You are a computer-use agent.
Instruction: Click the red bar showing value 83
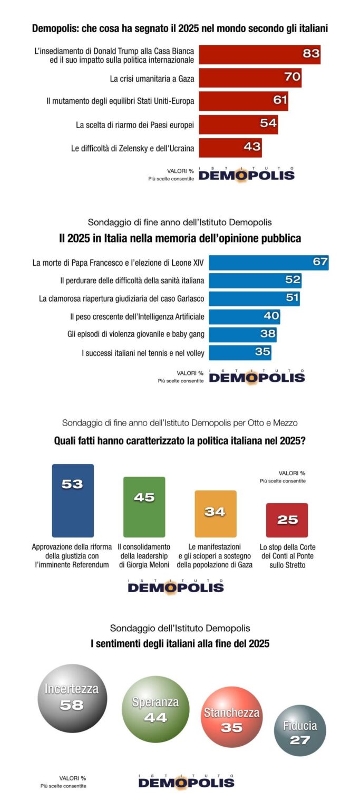tap(259, 54)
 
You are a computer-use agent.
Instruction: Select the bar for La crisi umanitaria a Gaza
tap(250, 78)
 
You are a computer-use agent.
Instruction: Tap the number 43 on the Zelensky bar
tap(252, 148)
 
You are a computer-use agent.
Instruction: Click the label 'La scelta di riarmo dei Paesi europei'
tap(135, 125)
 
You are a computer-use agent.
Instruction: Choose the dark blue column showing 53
tap(73, 500)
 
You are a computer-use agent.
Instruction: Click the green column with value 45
tap(144, 507)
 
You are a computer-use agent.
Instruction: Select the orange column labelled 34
tap(215, 514)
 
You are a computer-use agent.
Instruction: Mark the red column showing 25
tap(287, 520)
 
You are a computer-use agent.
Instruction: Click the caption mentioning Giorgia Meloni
tap(144, 556)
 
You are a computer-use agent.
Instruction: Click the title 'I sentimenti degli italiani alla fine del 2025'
tap(180, 643)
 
